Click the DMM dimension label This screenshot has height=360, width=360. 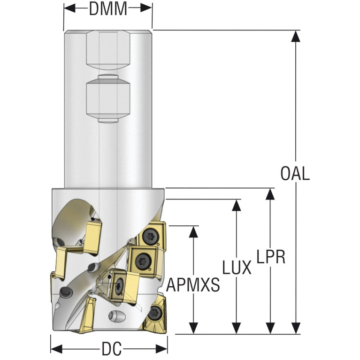(108, 8)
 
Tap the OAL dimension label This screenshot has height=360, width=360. (295, 173)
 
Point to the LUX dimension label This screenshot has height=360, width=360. (237, 268)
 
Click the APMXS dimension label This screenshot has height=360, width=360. (193, 285)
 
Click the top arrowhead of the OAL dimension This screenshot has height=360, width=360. (295, 35)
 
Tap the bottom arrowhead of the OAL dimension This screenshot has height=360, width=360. (295, 329)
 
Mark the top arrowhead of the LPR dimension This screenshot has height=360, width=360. (270, 193)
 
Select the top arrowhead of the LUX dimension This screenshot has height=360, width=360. (237, 204)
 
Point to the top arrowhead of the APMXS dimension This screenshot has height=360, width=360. (193, 230)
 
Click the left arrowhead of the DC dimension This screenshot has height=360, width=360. (55, 349)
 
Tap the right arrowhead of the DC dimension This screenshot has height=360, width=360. (163, 349)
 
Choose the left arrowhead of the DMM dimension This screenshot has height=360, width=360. (69, 8)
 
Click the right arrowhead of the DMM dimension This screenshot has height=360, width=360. (147, 8)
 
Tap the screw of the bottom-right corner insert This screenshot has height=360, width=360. (155, 313)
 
